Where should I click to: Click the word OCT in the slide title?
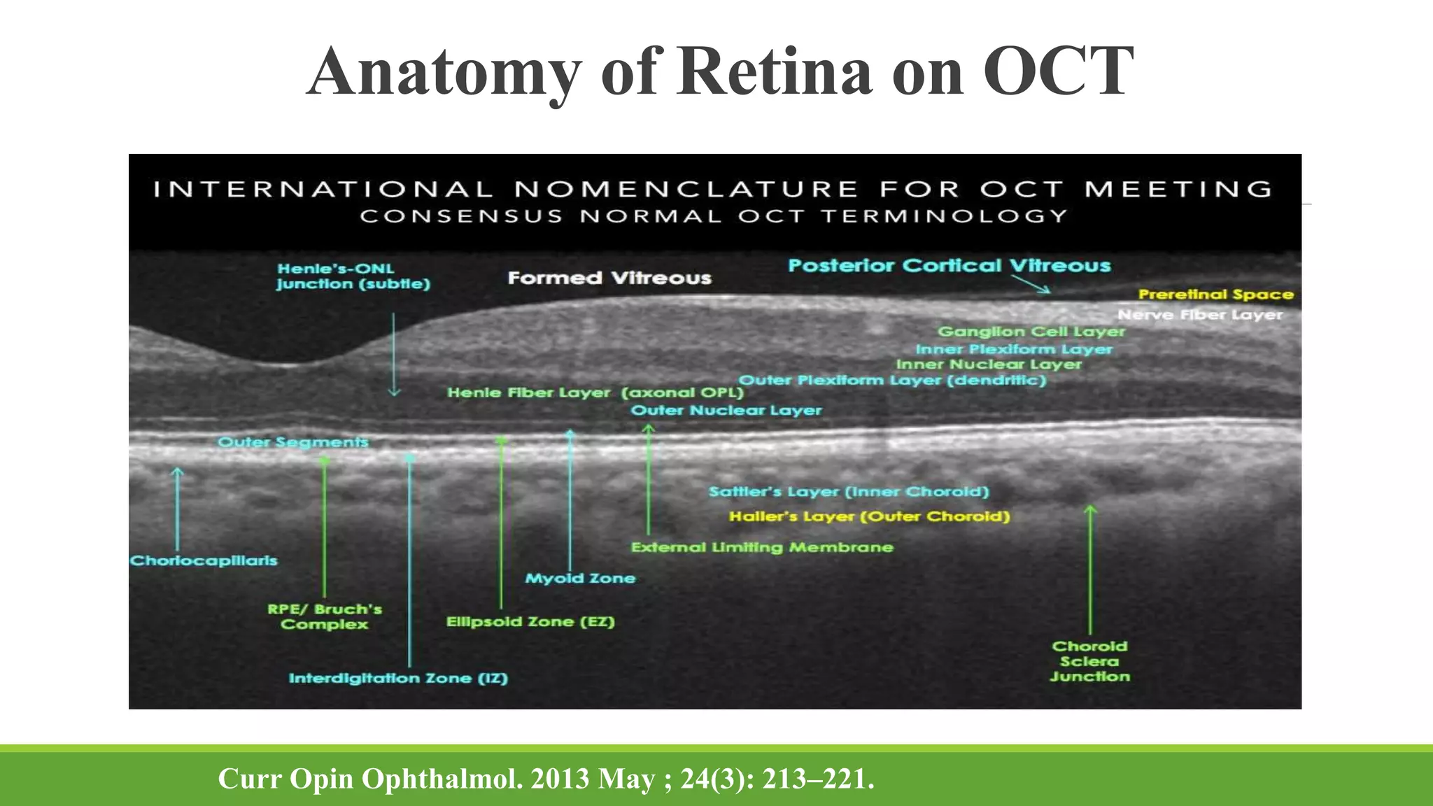(x=1057, y=71)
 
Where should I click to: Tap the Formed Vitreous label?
(x=609, y=278)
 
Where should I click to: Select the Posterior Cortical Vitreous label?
(x=949, y=266)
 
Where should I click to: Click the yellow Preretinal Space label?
(x=1215, y=295)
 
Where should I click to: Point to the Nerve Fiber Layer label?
(x=1199, y=315)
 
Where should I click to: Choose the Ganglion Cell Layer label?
(x=1031, y=332)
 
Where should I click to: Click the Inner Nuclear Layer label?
(x=988, y=365)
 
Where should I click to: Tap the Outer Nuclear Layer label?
(x=726, y=411)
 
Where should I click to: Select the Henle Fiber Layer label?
(x=529, y=393)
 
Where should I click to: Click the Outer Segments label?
(x=292, y=442)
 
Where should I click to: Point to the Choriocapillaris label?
(x=204, y=561)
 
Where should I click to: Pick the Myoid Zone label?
(x=580, y=579)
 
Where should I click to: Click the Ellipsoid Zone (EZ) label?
(x=530, y=622)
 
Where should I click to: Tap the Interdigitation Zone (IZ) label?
(x=398, y=679)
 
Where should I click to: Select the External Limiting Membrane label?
(x=762, y=548)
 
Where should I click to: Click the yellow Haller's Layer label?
(x=869, y=517)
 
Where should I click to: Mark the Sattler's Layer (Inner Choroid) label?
(x=849, y=492)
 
